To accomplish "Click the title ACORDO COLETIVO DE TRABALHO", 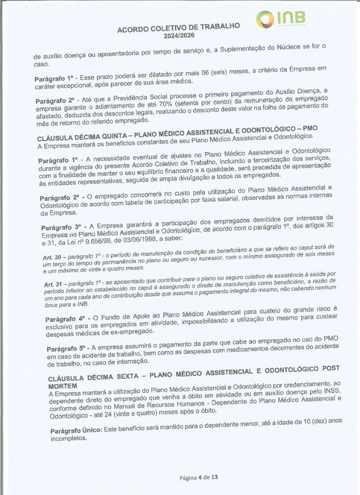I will click(x=179, y=28).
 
